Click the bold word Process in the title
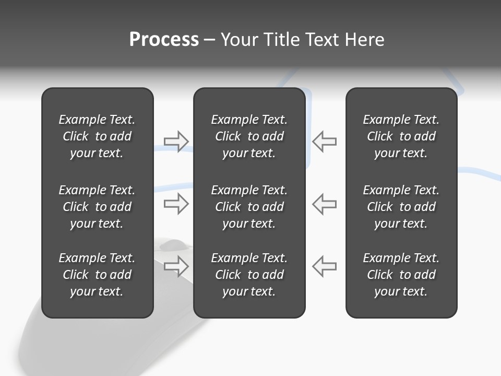(x=164, y=40)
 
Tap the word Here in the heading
(x=364, y=40)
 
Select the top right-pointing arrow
(x=176, y=142)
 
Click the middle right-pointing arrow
(x=176, y=204)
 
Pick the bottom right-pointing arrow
(x=176, y=266)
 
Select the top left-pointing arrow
(x=325, y=142)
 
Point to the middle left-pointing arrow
(x=325, y=204)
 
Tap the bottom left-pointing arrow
(x=325, y=266)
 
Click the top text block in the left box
(x=97, y=136)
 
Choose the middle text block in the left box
(x=97, y=207)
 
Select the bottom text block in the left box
(x=97, y=275)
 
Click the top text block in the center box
(x=249, y=136)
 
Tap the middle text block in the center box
(x=249, y=207)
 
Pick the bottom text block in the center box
(x=249, y=275)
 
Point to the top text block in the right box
(x=401, y=136)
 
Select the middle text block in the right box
(x=401, y=207)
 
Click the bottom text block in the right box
(x=401, y=275)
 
